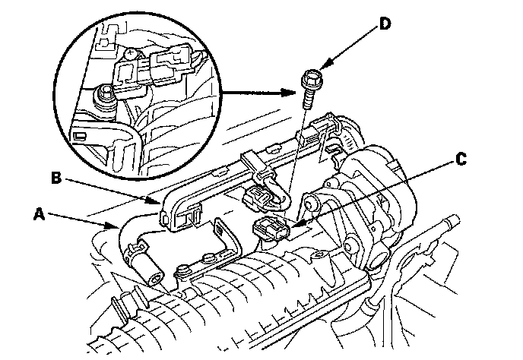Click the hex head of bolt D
310,79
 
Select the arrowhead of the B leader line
160,203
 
